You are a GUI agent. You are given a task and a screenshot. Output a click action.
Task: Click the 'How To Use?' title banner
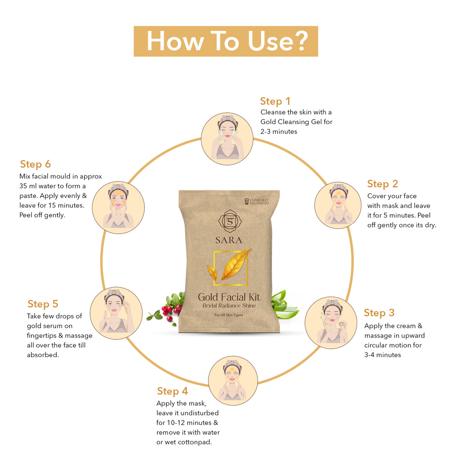click(225, 41)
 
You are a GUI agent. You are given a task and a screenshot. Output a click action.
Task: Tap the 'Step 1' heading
click(275, 101)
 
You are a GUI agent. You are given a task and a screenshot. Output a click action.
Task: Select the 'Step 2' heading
click(382, 184)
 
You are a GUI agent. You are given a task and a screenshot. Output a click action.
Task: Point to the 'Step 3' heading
click(379, 313)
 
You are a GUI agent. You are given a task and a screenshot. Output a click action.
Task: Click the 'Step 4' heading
click(172, 391)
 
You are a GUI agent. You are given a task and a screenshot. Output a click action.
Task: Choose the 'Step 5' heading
click(43, 304)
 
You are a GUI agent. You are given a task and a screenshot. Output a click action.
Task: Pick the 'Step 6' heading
click(35, 164)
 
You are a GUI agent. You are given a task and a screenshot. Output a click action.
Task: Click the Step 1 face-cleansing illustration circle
click(227, 139)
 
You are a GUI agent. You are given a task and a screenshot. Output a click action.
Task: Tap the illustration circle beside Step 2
click(337, 205)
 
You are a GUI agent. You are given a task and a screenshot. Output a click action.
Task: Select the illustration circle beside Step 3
click(331, 323)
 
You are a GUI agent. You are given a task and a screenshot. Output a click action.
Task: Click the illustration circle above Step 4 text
click(233, 381)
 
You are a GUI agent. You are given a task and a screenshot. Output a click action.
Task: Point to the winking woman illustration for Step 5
click(116, 313)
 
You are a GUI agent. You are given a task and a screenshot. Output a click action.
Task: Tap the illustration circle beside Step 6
click(118, 207)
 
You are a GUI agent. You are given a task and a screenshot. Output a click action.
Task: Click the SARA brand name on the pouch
click(229, 240)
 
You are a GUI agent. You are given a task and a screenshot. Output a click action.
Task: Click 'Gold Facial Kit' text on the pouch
click(229, 297)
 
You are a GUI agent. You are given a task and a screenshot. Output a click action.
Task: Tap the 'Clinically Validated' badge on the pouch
click(257, 202)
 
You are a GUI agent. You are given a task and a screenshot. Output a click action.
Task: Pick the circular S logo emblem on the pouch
click(230, 221)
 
